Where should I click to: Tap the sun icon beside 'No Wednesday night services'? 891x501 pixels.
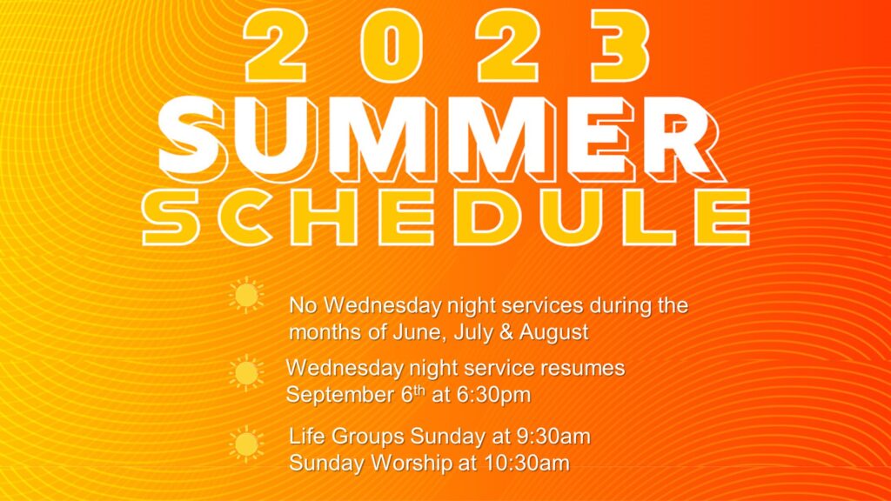pyautogui.click(x=246, y=296)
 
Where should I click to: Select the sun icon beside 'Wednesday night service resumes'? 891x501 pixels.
pyautogui.click(x=246, y=372)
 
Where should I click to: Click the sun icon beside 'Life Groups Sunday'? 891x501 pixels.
pyautogui.click(x=246, y=444)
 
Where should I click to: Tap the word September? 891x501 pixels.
pyautogui.click(x=340, y=395)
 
